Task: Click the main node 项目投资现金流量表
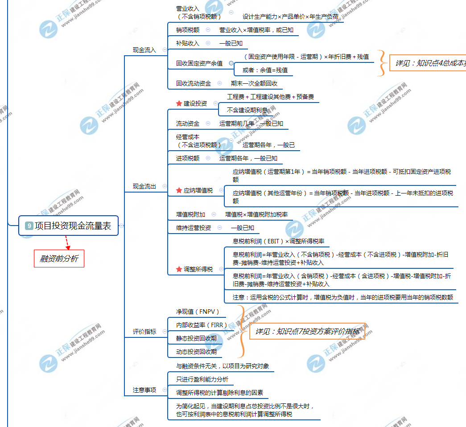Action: pos(73,226)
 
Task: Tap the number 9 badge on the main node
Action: pos(29,226)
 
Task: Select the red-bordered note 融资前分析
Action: pos(59,259)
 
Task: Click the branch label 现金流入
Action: pos(144,50)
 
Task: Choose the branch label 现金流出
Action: pos(144,186)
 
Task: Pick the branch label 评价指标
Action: pos(144,332)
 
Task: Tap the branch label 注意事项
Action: pos(144,390)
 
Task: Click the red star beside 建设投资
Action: pos(179,103)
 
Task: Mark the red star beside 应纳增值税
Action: pos(179,190)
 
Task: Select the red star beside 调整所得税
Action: pos(179,270)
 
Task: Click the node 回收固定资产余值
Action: pos(199,63)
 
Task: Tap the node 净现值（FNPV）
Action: pos(198,311)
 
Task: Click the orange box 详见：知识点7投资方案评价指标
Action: pos(307,332)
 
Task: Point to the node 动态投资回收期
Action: pos(196,352)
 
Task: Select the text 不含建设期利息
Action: pos(247,110)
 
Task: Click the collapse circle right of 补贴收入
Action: pos(208,43)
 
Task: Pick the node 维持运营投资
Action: pos(194,228)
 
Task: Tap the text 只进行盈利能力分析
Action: pos(202,379)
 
